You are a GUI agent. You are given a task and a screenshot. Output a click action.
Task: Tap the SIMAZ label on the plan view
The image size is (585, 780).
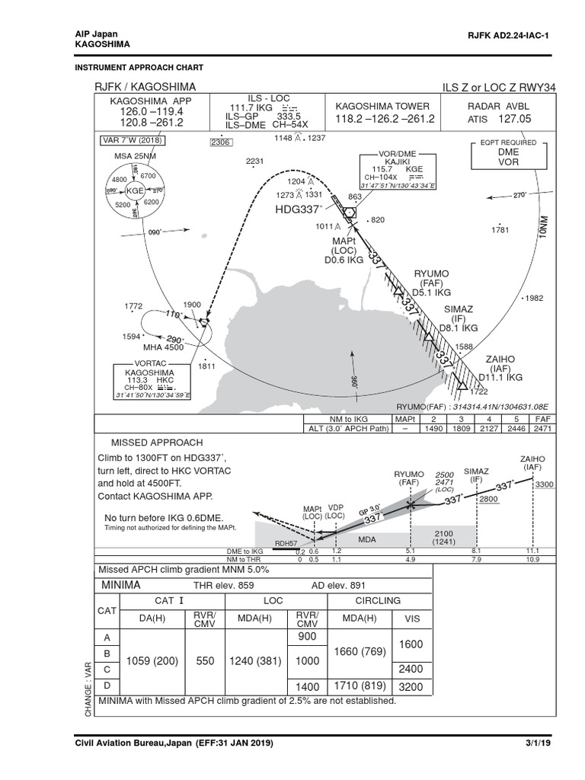(x=459, y=308)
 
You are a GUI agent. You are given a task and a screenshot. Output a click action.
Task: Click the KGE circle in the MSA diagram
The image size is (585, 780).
(x=135, y=190)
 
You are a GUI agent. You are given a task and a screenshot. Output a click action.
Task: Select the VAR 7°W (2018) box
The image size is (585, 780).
(x=133, y=140)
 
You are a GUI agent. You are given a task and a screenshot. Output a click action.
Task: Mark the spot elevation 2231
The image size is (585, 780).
(x=254, y=161)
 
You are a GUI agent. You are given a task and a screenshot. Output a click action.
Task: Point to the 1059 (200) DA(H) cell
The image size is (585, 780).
(x=151, y=662)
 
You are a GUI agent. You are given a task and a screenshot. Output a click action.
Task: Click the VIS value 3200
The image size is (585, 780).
(x=411, y=687)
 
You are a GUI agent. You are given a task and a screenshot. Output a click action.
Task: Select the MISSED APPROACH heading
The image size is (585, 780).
(x=157, y=443)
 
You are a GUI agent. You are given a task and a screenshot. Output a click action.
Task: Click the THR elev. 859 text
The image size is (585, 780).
(x=223, y=585)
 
